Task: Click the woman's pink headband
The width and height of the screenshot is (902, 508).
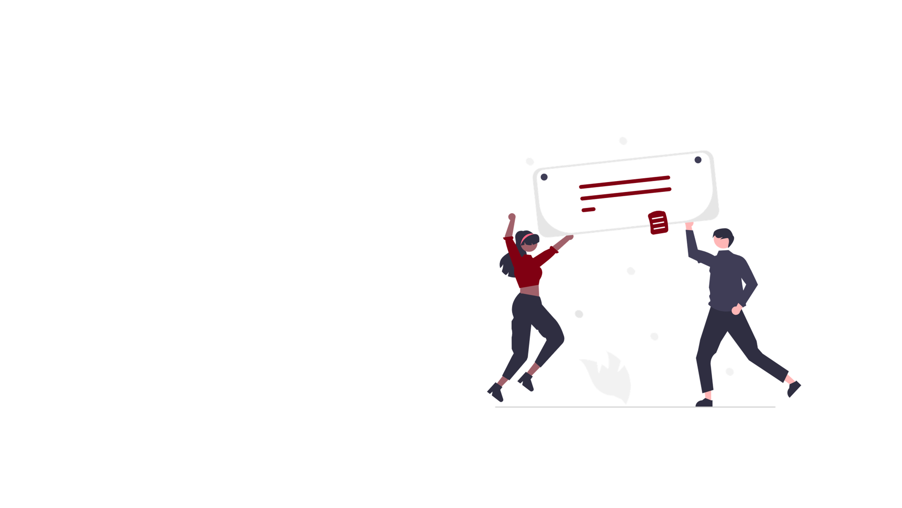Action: [x=527, y=238]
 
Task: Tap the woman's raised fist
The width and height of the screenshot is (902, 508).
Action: [x=512, y=217]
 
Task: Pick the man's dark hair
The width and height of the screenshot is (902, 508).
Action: [x=723, y=234]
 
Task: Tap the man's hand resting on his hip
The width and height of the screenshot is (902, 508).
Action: [x=736, y=310]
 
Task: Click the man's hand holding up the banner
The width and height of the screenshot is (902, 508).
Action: [x=689, y=226]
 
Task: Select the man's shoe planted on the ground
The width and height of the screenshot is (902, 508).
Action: [x=704, y=402]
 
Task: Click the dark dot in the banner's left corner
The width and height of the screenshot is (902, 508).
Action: [x=544, y=177]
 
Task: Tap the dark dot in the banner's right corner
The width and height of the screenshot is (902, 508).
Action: [x=698, y=160]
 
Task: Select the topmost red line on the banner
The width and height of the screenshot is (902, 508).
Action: [x=624, y=182]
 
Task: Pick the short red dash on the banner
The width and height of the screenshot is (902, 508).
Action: [x=589, y=210]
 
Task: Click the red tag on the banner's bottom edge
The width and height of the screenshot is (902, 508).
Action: [x=658, y=222]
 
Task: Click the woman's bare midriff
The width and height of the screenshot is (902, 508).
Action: [x=530, y=291]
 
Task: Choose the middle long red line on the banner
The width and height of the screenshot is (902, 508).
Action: [x=626, y=194]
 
